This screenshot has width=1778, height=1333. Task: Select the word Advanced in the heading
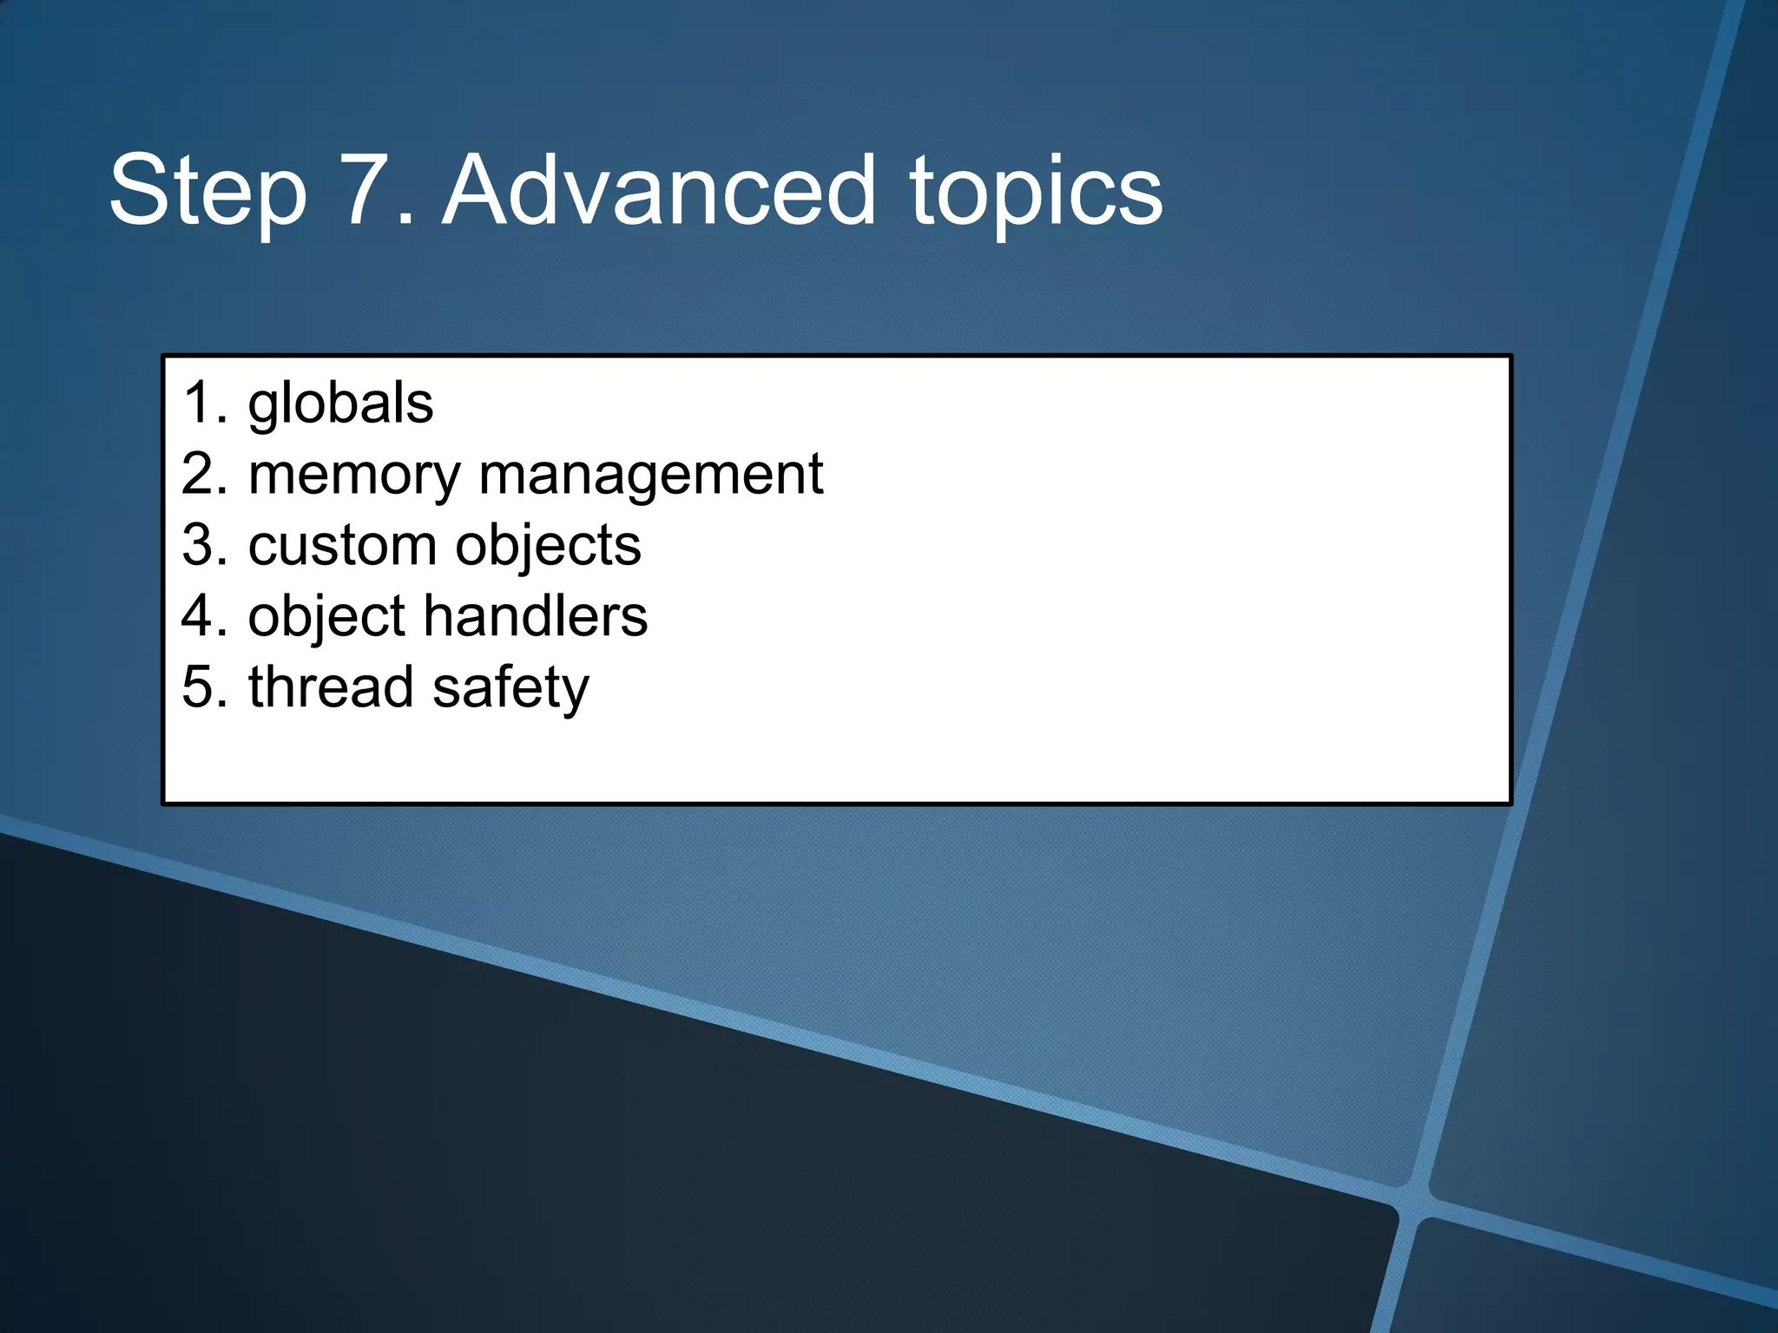point(659,191)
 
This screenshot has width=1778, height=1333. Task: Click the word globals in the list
point(340,404)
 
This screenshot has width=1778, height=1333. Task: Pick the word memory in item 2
point(354,476)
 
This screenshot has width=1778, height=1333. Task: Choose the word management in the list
point(650,476)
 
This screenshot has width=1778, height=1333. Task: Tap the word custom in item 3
point(342,546)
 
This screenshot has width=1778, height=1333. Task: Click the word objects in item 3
point(548,548)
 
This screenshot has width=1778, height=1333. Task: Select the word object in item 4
point(327,617)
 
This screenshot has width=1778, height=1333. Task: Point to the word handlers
point(535,616)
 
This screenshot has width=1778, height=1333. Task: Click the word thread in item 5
point(331,687)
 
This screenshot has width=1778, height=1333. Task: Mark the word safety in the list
point(510,689)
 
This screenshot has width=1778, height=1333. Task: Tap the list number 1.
point(200,404)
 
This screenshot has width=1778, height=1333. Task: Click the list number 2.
point(200,476)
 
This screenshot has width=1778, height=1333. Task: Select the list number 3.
point(200,546)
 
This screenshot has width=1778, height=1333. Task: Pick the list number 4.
point(200,616)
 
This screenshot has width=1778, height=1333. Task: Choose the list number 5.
point(200,687)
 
